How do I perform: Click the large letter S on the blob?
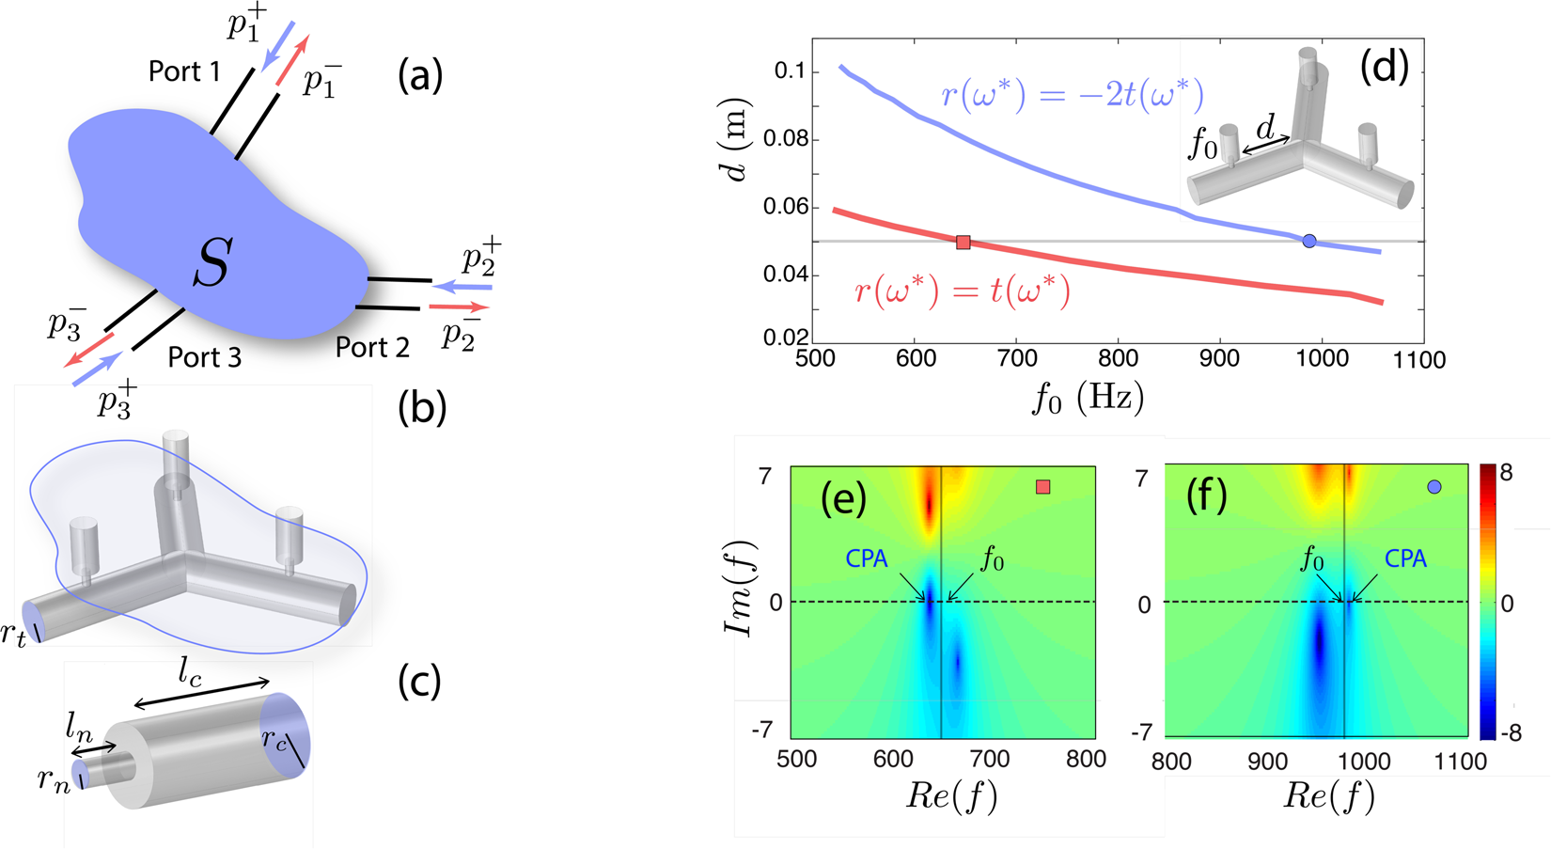coord(211,263)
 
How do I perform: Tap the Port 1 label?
coord(184,71)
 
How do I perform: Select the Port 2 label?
coord(372,347)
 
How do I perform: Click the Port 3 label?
coord(205,356)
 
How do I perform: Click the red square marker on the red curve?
coord(963,243)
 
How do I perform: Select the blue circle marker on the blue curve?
coord(1309,242)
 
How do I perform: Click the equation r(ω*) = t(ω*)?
coord(962,291)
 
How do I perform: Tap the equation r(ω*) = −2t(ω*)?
coord(1072,95)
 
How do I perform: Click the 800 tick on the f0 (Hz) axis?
coord(1118,358)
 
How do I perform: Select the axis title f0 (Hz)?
coord(1088,398)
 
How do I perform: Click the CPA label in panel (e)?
coord(866,558)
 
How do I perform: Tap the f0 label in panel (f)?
coord(1312,561)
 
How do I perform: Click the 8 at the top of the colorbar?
coord(1506,473)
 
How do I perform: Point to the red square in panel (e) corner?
coord(1042,487)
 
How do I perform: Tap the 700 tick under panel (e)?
coord(989,760)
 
